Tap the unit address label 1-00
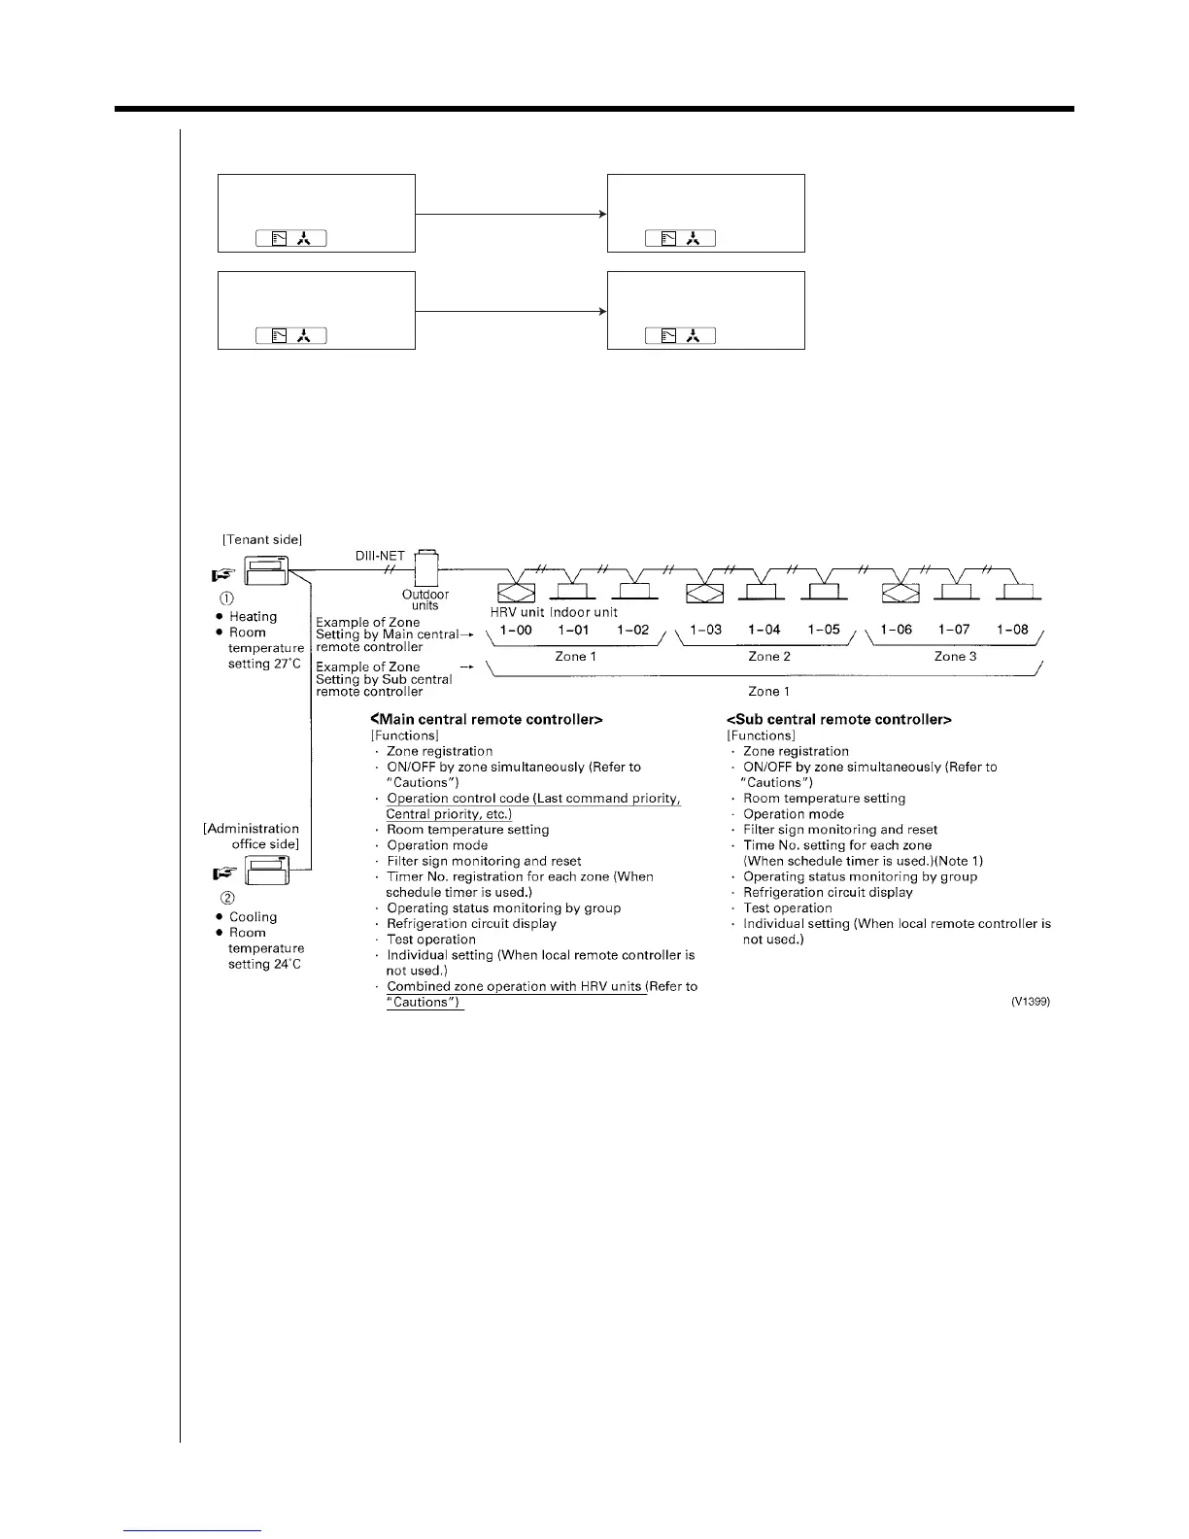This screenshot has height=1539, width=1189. [516, 630]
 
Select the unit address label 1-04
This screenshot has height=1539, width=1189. [764, 630]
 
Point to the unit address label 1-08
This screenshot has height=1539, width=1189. [1012, 630]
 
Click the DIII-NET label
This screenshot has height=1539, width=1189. [380, 556]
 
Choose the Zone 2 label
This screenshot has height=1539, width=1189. [769, 657]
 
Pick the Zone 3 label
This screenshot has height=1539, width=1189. [956, 657]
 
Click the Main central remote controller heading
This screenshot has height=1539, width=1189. [486, 720]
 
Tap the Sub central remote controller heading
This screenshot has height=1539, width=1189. [838, 720]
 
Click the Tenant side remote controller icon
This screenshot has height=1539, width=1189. [266, 571]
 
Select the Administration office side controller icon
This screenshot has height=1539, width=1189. [267, 871]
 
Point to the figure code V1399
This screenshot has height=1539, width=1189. [1031, 1002]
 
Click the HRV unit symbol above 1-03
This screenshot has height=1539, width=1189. [704, 593]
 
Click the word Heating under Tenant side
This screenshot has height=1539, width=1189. [253, 617]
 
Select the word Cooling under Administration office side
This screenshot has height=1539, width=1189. [253, 917]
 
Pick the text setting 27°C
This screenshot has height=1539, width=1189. [264, 664]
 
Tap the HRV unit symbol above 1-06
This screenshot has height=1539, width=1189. [900, 593]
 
